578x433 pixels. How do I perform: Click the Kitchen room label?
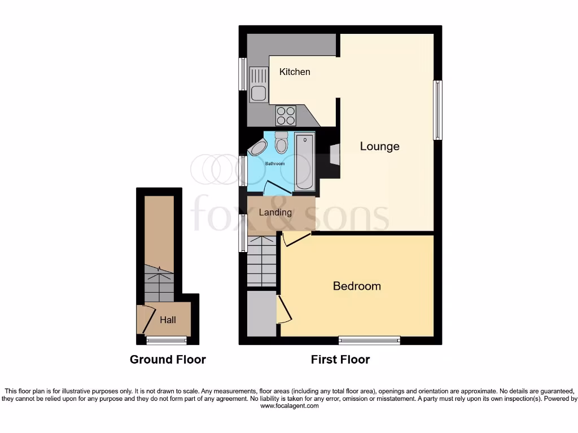tap(295, 72)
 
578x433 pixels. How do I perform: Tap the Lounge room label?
tap(380, 147)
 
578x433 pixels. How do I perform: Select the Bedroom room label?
tap(357, 286)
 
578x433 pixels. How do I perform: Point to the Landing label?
tap(275, 212)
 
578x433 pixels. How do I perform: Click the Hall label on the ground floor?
tap(168, 320)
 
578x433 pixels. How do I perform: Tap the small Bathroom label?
tap(275, 164)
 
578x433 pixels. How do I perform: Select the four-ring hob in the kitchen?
tap(286, 116)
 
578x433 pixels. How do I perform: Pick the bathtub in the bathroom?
tap(305, 162)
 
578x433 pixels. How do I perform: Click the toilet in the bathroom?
tap(281, 143)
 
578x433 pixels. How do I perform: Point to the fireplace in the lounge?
tap(335, 154)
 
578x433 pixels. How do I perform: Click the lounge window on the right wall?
tap(437, 110)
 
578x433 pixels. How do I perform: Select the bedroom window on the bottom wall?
tap(369, 340)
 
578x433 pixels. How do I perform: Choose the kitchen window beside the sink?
tap(242, 74)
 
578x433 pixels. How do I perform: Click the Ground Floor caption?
tap(168, 359)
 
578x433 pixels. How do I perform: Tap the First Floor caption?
tap(340, 359)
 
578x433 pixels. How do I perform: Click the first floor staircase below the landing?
tap(262, 262)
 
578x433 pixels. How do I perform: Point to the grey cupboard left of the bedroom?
tap(262, 313)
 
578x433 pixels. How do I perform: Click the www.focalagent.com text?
tap(288, 405)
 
